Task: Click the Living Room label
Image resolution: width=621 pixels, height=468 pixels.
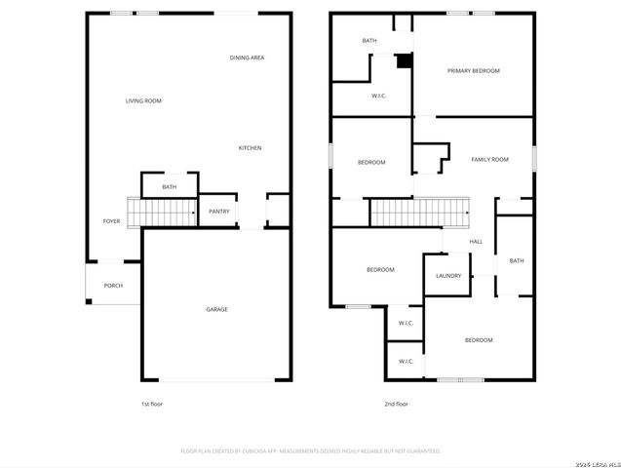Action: [x=143, y=100]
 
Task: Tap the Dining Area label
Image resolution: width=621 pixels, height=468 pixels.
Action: [x=247, y=58]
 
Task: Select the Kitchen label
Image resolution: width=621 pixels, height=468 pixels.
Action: [x=250, y=147]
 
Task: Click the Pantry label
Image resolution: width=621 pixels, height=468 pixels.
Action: [x=219, y=211]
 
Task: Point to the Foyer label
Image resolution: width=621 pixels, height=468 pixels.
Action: [x=111, y=221]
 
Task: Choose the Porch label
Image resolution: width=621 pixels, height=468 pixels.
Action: [x=113, y=285]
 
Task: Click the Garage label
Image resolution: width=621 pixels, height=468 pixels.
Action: [x=216, y=309]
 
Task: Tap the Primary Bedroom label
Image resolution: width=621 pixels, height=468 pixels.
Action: [x=473, y=70]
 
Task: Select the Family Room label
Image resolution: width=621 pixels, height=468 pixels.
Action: [x=489, y=159]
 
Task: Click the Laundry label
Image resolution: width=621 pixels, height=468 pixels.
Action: [x=448, y=275]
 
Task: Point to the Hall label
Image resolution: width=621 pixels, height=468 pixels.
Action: [x=476, y=241]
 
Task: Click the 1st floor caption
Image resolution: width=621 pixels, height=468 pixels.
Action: [x=152, y=403]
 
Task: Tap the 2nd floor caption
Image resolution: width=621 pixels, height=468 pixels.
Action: [x=396, y=403]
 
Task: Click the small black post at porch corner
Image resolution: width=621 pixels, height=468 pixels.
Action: [x=89, y=301]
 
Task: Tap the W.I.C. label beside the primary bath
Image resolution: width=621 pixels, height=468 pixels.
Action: [x=379, y=96]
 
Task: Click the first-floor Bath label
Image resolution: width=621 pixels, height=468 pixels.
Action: [x=170, y=186]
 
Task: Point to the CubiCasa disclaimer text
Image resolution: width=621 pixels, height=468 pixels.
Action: [x=310, y=451]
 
